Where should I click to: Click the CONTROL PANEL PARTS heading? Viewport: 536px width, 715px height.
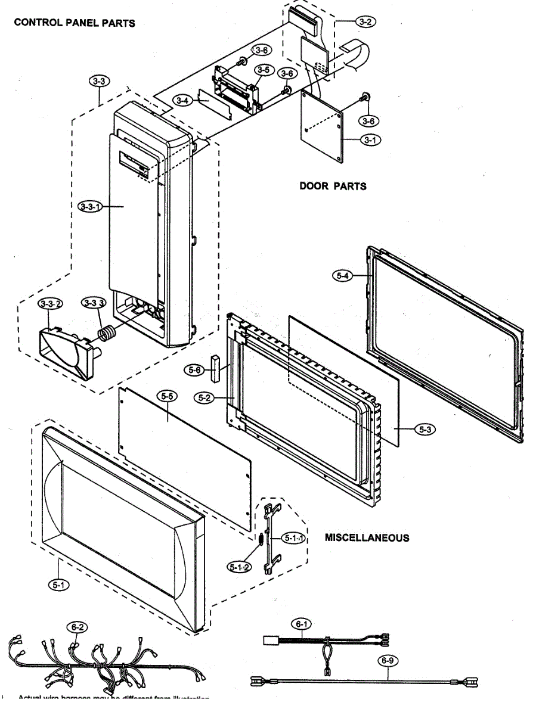coord(75,23)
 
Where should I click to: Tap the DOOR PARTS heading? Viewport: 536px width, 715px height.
coord(333,186)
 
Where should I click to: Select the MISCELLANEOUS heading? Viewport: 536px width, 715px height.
coord(367,537)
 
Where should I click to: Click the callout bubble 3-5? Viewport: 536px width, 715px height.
coord(263,70)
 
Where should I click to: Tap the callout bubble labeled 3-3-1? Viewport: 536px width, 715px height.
coord(89,206)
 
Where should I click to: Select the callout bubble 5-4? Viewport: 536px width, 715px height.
coord(342,275)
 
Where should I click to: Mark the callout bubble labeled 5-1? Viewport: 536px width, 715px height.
coord(58,586)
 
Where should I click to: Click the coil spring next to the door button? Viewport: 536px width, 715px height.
coord(108,335)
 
